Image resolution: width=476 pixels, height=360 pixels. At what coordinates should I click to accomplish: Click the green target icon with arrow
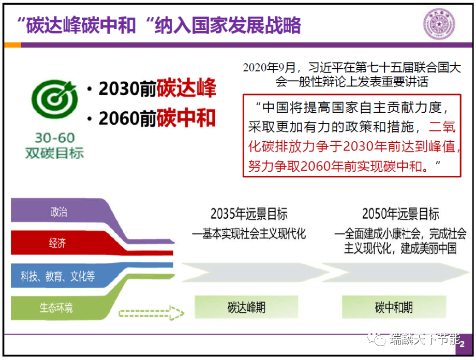click(x=55, y=99)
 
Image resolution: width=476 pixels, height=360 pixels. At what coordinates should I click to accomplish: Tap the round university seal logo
click(x=439, y=24)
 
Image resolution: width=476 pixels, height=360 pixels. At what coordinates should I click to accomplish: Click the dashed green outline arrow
click(x=152, y=313)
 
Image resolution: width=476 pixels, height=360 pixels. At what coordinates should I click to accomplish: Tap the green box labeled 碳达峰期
click(x=246, y=307)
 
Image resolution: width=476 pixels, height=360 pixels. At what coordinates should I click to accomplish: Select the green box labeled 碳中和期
click(x=394, y=307)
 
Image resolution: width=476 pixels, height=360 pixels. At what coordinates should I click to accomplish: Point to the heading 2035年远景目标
click(x=249, y=214)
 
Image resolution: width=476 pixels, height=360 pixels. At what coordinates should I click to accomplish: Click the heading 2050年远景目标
click(x=400, y=214)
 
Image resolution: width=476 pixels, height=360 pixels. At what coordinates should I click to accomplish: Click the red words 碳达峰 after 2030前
click(x=186, y=88)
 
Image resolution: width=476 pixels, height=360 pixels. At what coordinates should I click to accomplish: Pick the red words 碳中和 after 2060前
click(x=186, y=118)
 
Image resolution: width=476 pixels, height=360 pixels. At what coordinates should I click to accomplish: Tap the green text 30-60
click(x=55, y=138)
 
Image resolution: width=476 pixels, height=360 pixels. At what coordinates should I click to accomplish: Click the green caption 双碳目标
click(x=55, y=153)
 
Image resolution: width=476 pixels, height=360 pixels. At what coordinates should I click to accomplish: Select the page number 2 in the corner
click(x=462, y=344)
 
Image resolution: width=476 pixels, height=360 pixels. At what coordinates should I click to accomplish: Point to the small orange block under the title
click(x=12, y=45)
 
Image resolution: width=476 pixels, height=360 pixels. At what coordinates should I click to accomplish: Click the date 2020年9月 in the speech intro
click(x=269, y=67)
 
